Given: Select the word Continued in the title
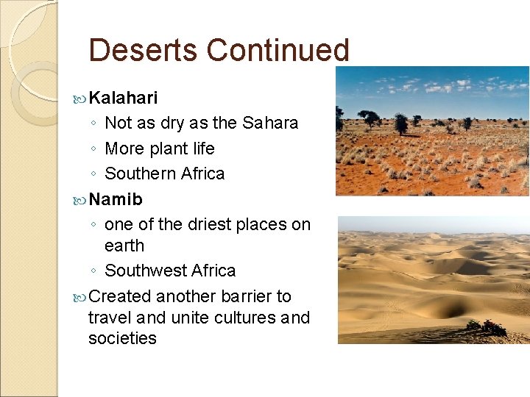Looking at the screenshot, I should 278,51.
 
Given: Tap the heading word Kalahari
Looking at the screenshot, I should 123,98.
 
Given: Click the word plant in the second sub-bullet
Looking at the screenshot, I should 166,149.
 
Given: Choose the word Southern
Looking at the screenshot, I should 141,174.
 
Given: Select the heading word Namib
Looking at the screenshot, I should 116,199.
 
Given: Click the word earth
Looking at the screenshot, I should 124,246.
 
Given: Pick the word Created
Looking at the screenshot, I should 119,296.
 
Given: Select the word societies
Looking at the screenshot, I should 122,339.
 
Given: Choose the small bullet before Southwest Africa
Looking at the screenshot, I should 94,271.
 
